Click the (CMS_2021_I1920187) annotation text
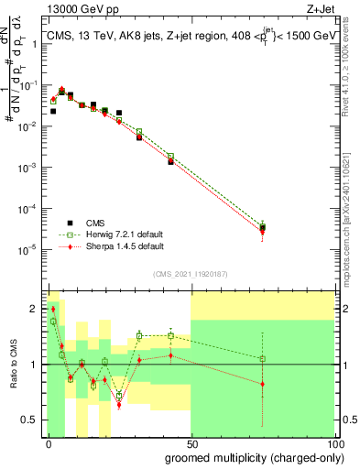[190, 273]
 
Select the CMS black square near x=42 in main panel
[170, 161]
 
